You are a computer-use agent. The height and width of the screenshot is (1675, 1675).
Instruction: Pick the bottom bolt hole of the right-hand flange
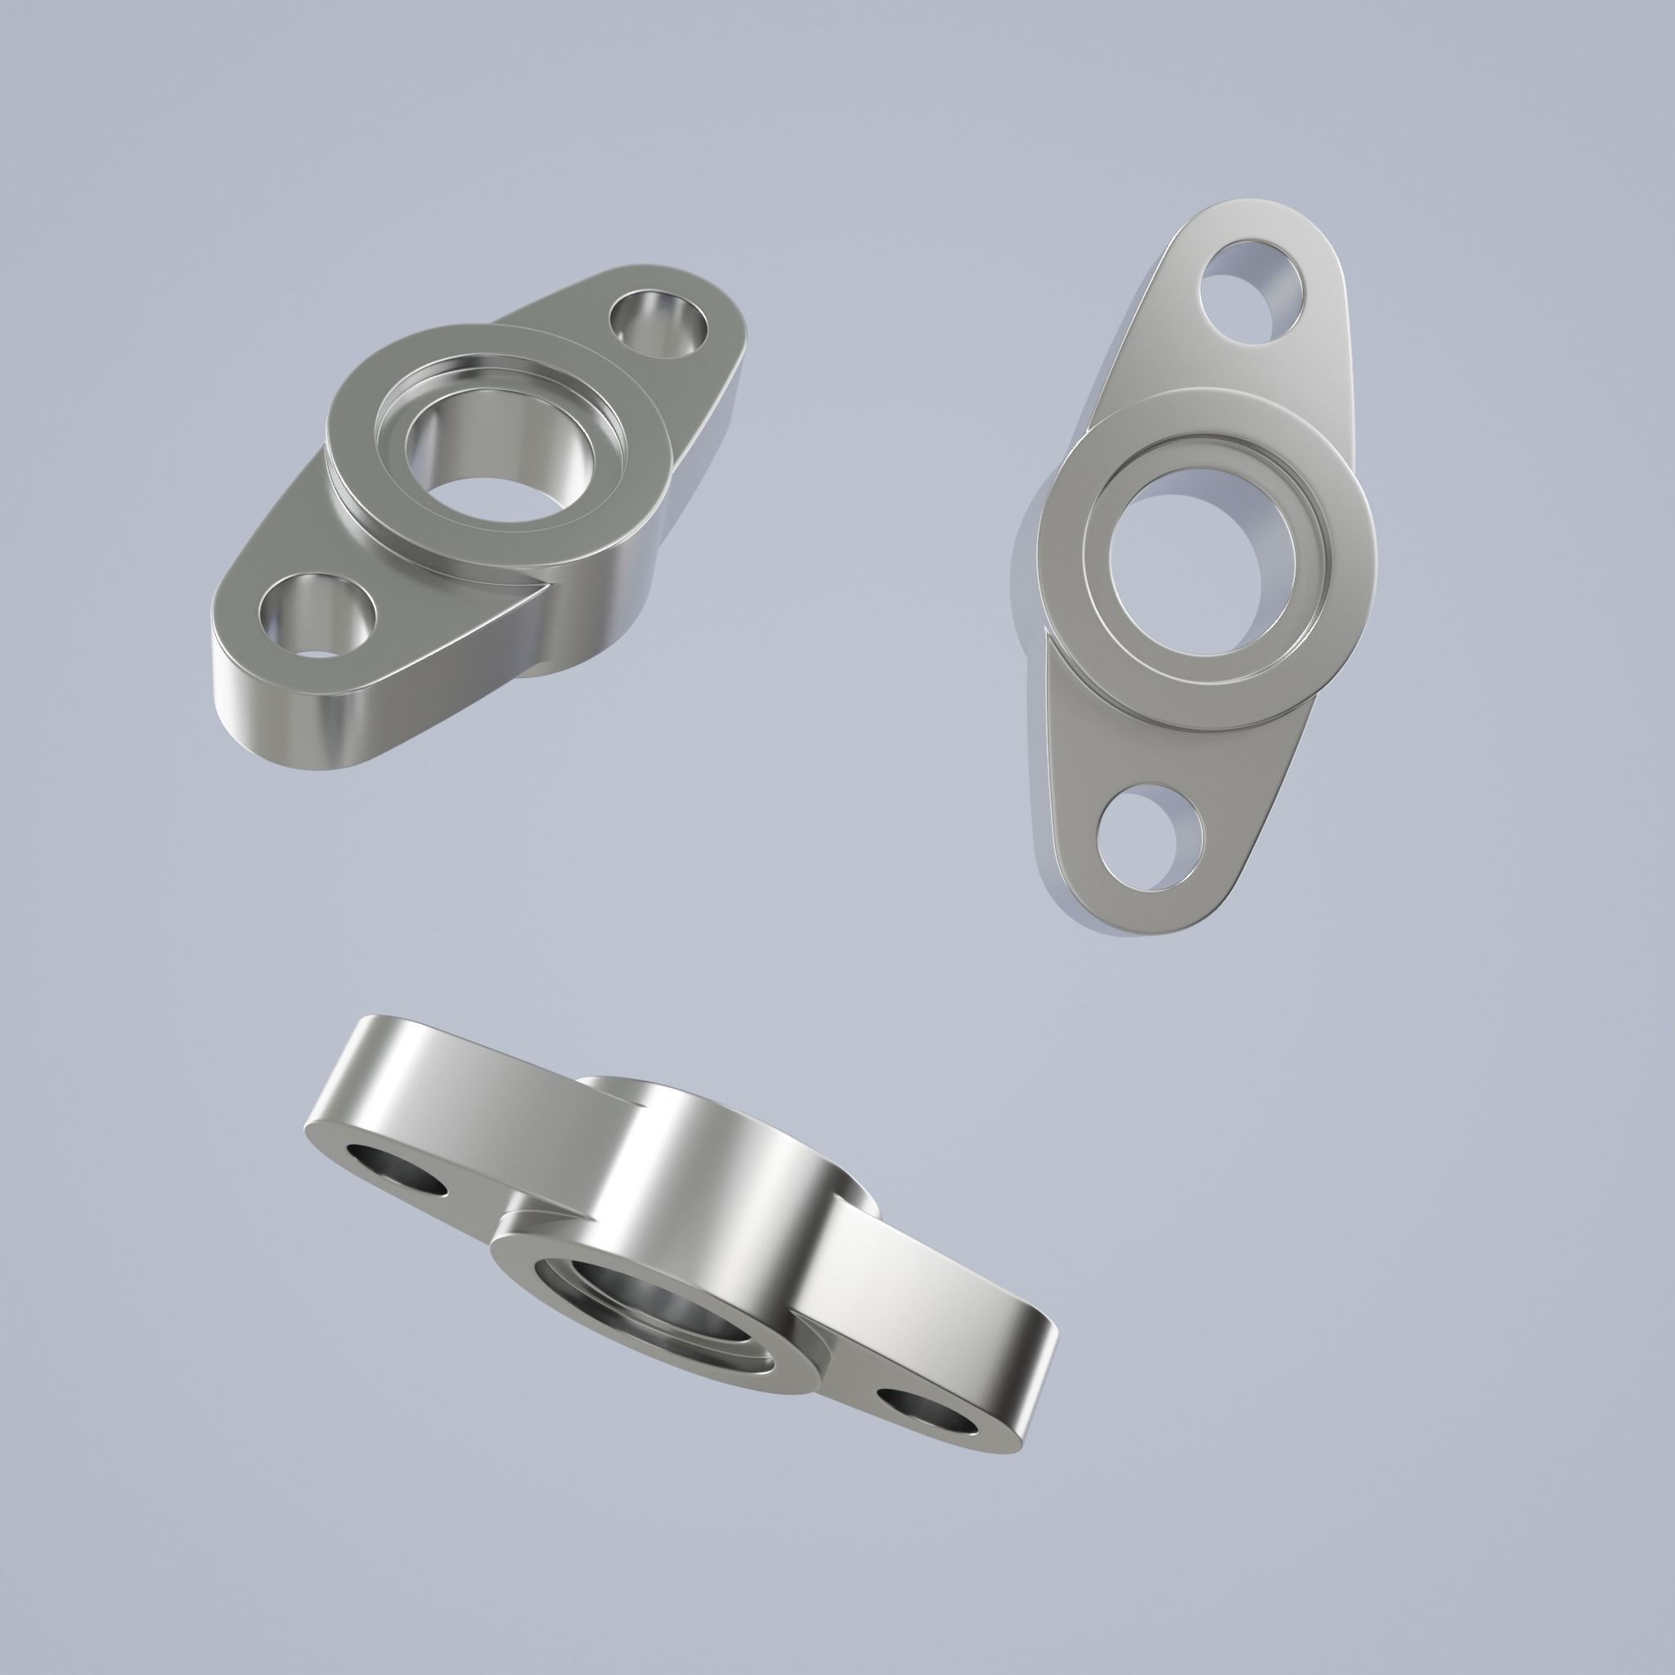point(1150,836)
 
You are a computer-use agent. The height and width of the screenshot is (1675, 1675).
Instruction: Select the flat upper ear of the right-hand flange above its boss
point(1161,364)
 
